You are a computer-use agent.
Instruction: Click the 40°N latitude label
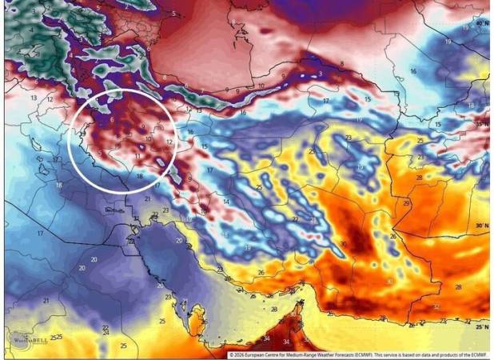(x=480, y=24)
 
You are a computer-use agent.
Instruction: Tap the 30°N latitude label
(x=480, y=226)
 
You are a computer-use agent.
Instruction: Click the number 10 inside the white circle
(x=149, y=138)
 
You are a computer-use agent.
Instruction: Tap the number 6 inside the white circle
(x=112, y=119)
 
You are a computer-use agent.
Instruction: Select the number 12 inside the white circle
(x=169, y=142)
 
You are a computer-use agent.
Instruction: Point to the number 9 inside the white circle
(x=142, y=126)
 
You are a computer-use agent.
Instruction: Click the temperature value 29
(x=406, y=204)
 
